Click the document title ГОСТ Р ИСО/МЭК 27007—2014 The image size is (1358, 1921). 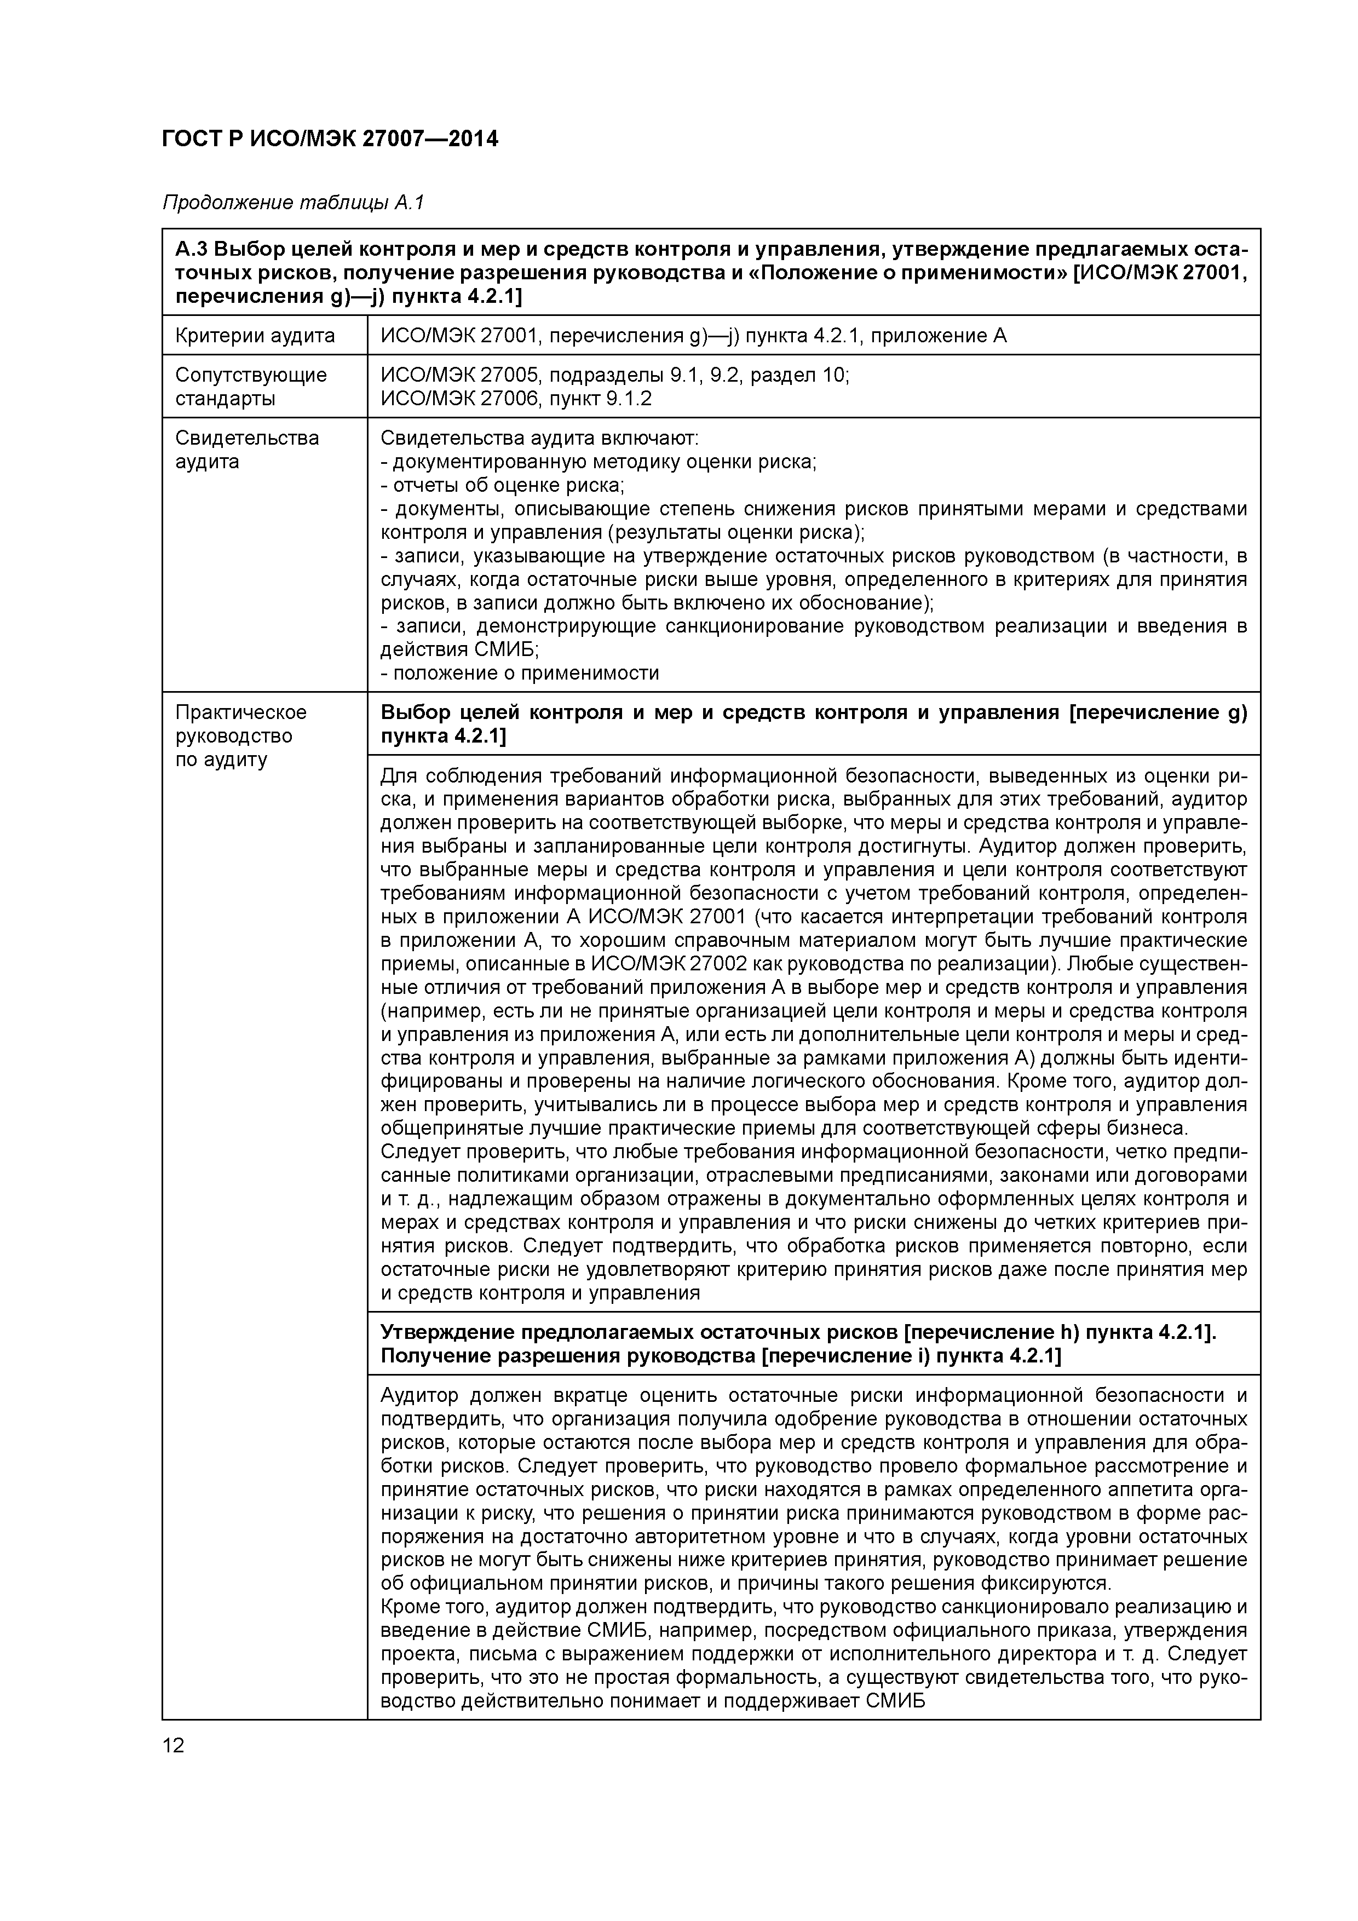(330, 139)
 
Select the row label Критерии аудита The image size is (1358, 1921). (255, 336)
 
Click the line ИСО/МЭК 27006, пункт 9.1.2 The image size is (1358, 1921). (515, 398)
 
